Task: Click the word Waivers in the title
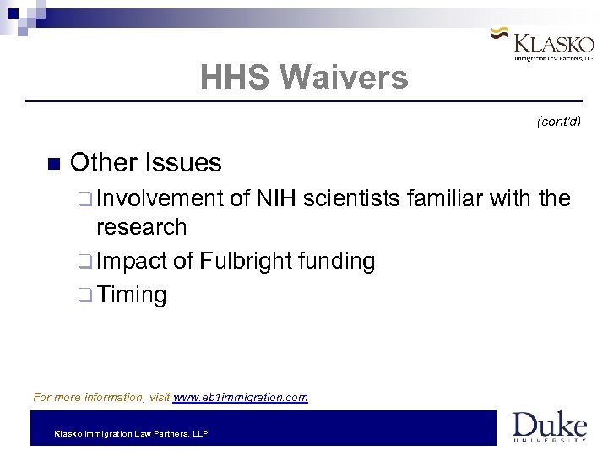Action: click(x=345, y=79)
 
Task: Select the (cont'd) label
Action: click(x=559, y=122)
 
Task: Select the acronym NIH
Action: click(x=276, y=198)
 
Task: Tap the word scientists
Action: click(x=352, y=198)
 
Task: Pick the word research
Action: click(x=142, y=226)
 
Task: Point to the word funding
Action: click(x=335, y=262)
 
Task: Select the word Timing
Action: click(x=132, y=295)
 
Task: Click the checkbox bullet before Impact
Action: click(x=86, y=262)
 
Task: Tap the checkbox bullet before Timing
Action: click(x=86, y=296)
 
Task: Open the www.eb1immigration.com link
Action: click(x=241, y=396)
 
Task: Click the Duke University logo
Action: click(x=549, y=426)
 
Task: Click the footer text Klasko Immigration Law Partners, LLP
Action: click(x=131, y=433)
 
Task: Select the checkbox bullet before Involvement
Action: click(x=86, y=199)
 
